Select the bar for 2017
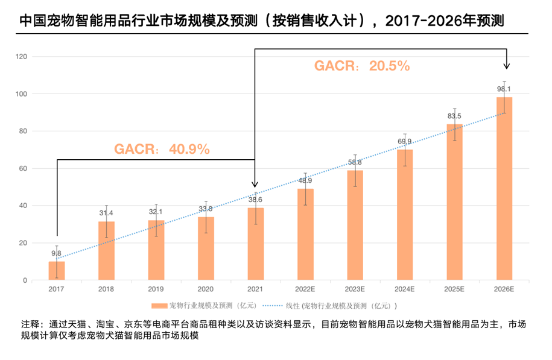point(57,271)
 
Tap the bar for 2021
point(256,244)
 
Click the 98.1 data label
point(504,89)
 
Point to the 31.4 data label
point(106,213)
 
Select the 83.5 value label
point(454,116)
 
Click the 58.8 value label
point(355,162)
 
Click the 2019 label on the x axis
point(156,290)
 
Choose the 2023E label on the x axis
point(355,290)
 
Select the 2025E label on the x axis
point(454,290)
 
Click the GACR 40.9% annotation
point(162,149)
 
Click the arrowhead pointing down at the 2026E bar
point(507,66)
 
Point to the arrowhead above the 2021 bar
point(255,184)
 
